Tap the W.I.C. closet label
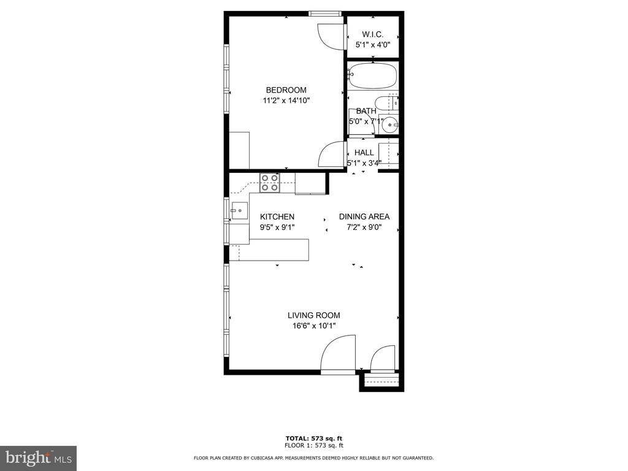(x=372, y=34)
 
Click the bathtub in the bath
(x=372, y=76)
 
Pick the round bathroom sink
(x=389, y=125)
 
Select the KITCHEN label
(x=277, y=216)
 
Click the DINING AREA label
(x=364, y=216)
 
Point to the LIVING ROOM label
(x=313, y=315)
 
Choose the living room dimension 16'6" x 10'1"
(x=313, y=326)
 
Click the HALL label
(x=364, y=153)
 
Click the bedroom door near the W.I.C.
(x=332, y=36)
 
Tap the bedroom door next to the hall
(x=332, y=154)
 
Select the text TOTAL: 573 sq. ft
(x=313, y=438)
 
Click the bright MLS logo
(x=38, y=458)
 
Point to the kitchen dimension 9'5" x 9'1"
(x=277, y=227)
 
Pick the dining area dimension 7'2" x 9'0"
(x=364, y=227)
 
